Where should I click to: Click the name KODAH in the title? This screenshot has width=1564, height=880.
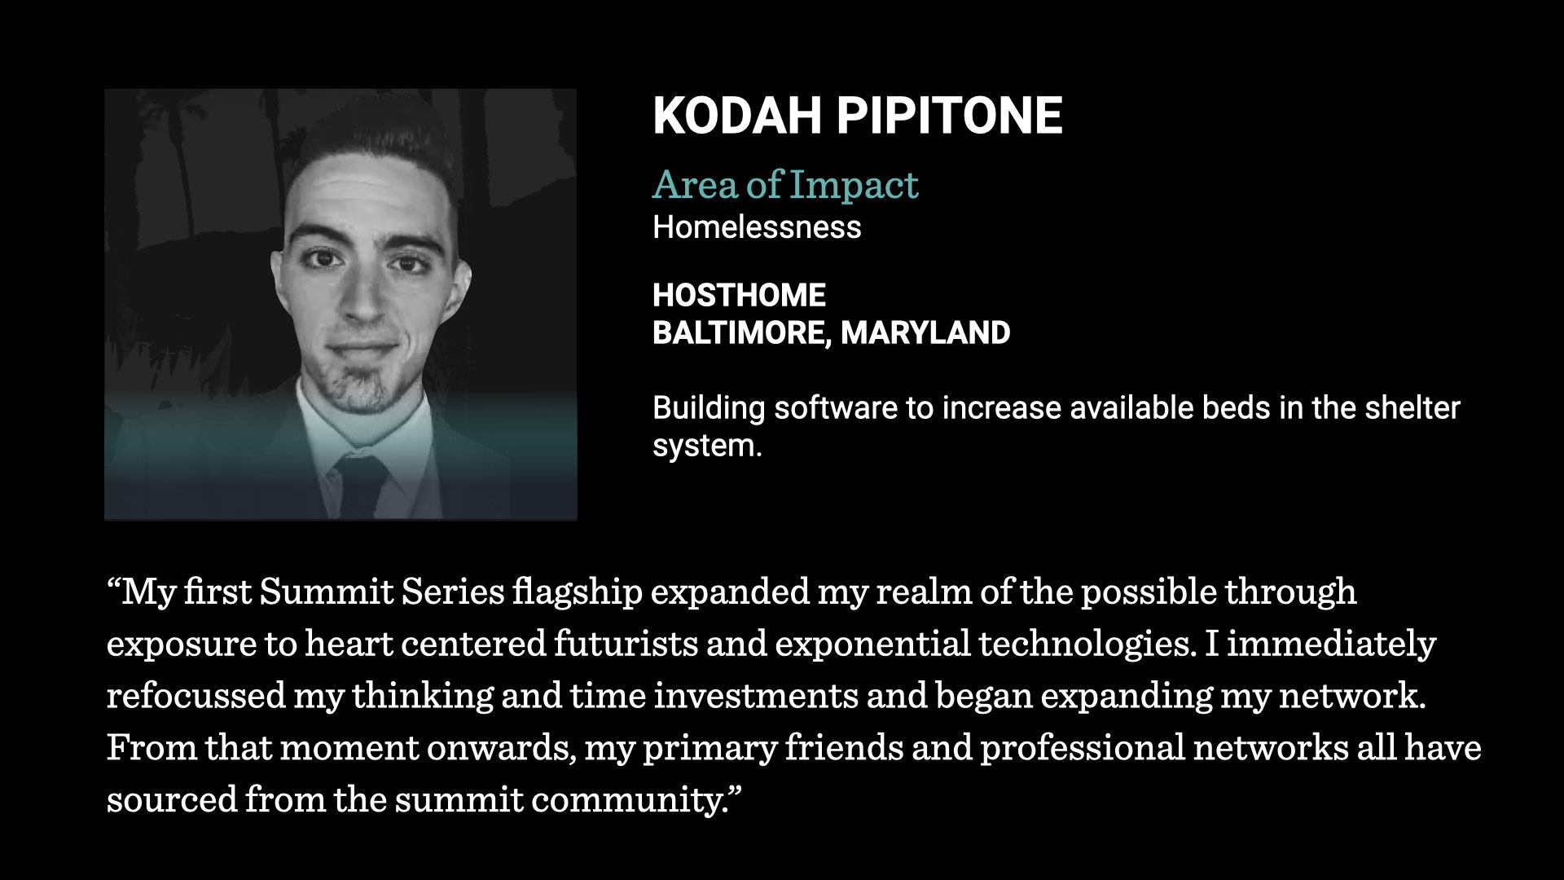(x=737, y=115)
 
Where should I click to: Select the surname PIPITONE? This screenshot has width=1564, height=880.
(x=950, y=115)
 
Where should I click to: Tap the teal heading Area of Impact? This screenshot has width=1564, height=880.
(x=785, y=185)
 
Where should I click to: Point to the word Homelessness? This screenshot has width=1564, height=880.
(x=757, y=227)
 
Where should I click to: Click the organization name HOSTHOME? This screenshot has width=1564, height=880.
(x=740, y=295)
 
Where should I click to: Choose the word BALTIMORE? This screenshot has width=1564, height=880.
(x=742, y=332)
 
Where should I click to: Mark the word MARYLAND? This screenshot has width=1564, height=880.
(x=925, y=332)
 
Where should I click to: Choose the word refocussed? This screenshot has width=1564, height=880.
(x=195, y=697)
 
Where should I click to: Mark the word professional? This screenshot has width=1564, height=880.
(x=1083, y=749)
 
